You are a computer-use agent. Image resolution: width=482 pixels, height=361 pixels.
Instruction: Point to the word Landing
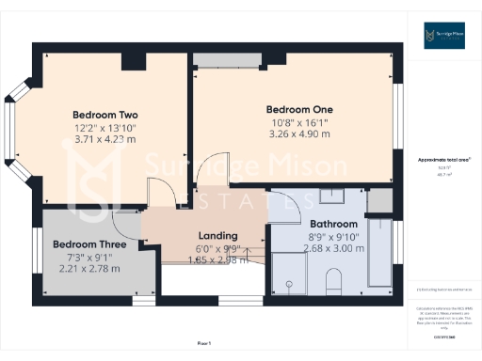pos(217,235)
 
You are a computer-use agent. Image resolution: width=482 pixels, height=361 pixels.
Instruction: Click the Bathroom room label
pos(334,224)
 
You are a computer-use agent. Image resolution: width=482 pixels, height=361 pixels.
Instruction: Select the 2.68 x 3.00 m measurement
pos(334,249)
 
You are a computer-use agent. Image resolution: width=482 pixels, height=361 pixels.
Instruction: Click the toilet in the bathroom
pos(332,280)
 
